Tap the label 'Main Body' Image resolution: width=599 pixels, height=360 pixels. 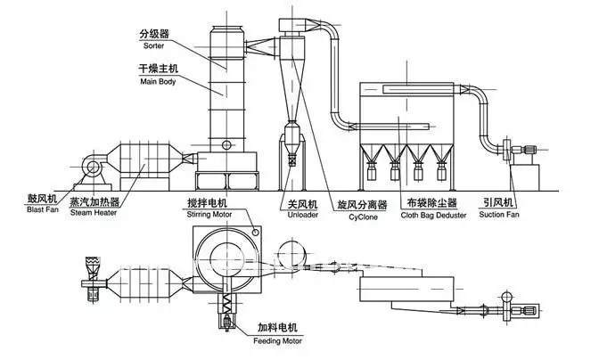click(x=158, y=82)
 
